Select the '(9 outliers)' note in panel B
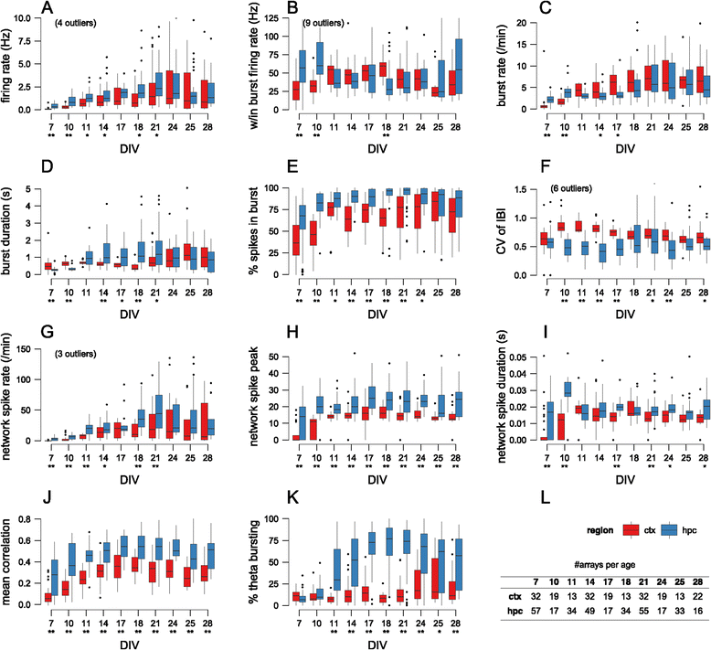[324, 21]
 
